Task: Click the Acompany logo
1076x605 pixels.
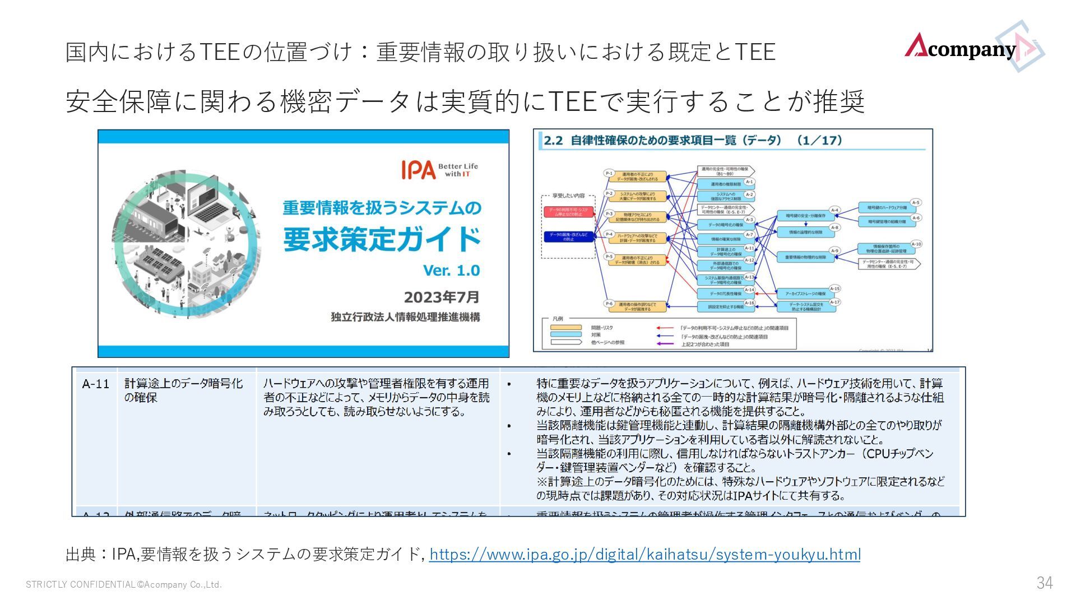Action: (x=973, y=48)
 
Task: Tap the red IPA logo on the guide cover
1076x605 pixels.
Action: (x=418, y=169)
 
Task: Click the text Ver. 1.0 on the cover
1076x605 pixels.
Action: (x=451, y=271)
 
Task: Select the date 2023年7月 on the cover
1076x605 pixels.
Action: (x=442, y=296)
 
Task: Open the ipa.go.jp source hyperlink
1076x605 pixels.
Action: (x=644, y=555)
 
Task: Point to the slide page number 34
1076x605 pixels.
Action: (x=1044, y=583)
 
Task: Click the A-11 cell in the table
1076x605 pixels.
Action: (x=96, y=384)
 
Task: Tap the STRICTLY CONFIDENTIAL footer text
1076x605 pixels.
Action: (x=123, y=585)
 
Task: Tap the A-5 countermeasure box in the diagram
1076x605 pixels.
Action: (x=887, y=207)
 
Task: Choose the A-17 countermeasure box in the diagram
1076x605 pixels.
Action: (x=806, y=306)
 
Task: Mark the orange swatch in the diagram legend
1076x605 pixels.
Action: (x=565, y=328)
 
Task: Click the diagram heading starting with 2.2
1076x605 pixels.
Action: (x=693, y=141)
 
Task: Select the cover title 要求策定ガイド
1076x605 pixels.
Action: (x=382, y=239)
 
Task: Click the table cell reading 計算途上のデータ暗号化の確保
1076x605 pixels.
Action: (x=184, y=390)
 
